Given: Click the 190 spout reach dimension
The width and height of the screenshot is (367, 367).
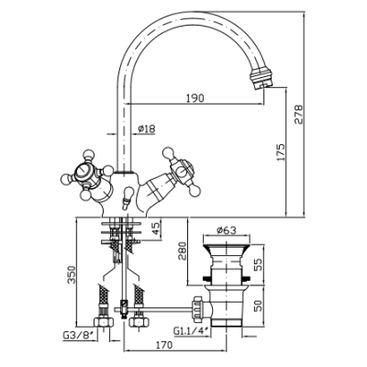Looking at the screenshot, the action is (195, 98).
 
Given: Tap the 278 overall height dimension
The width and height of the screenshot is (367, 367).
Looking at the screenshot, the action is (298, 115).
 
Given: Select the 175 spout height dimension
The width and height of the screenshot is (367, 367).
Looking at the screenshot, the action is (281, 152).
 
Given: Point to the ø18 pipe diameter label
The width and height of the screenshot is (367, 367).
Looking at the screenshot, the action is (146, 128).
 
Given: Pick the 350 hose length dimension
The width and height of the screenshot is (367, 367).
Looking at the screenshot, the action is (72, 274).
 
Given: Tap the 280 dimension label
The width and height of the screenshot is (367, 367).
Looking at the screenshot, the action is (182, 250).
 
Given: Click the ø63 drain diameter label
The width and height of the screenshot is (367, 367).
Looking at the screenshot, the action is (227, 230).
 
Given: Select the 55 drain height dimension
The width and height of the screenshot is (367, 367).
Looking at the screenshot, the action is (258, 265).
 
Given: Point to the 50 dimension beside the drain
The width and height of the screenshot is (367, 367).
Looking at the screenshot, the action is (258, 306).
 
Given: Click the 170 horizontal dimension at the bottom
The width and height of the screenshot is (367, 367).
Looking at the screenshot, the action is (163, 345).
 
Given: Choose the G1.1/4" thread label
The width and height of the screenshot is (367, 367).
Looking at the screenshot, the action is (192, 330).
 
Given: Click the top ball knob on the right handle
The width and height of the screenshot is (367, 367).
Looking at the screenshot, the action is (168, 152).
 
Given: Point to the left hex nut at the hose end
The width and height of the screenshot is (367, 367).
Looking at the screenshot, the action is (104, 322).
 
